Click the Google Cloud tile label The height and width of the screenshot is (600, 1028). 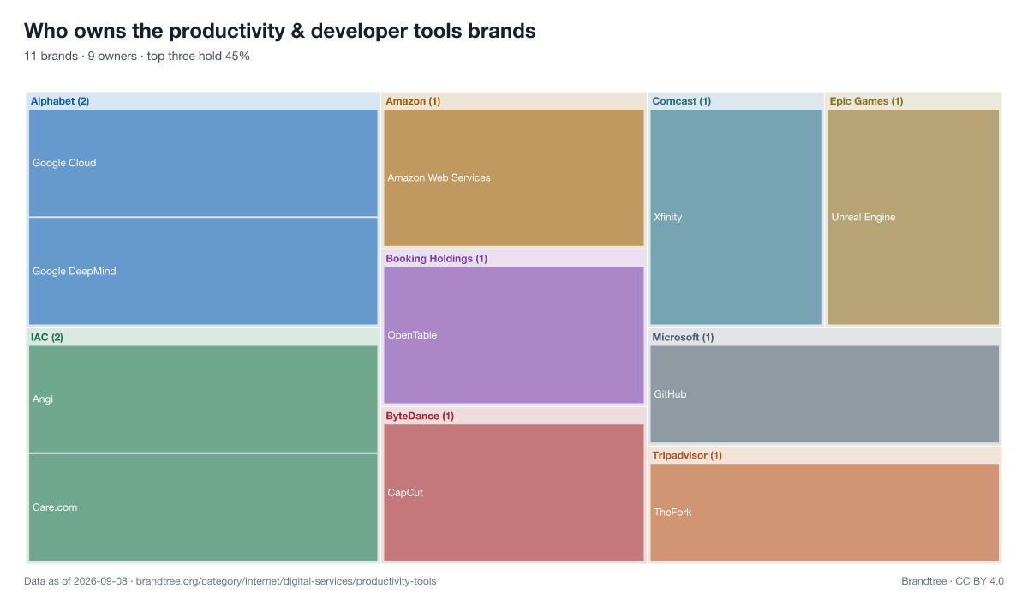coord(64,163)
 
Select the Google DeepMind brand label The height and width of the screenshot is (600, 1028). coord(75,272)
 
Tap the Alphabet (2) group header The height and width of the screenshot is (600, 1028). coord(60,101)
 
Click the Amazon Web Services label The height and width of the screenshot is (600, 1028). coord(439,177)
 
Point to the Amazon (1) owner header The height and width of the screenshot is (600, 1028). coord(413,101)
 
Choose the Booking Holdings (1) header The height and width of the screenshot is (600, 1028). coord(436,259)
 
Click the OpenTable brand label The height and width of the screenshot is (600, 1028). coord(412,335)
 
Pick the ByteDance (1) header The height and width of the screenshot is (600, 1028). coord(420,416)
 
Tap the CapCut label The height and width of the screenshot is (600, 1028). coord(405,493)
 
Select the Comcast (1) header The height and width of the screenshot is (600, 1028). coord(682,101)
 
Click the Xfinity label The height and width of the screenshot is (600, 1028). coord(667,217)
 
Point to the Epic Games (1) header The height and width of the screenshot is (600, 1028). coord(866,101)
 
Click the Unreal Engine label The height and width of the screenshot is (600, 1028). coord(864,217)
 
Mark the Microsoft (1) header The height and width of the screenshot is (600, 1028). coord(683,338)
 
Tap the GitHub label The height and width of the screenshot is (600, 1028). coord(670,394)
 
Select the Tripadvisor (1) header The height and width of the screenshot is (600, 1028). coord(687,455)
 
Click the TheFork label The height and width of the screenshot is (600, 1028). coord(672,513)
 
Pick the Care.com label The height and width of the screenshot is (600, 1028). coord(55,507)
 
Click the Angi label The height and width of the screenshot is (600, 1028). coord(43,399)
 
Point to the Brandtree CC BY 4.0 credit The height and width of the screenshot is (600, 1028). coord(953,581)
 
